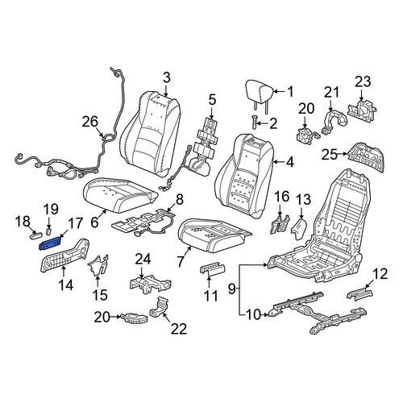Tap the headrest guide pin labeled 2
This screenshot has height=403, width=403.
[255, 123]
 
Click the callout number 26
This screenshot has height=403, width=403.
[90, 122]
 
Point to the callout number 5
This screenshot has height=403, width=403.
[212, 100]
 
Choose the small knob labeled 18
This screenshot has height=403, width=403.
[35, 235]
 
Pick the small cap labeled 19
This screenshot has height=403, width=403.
[49, 231]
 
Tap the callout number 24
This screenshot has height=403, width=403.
[143, 260]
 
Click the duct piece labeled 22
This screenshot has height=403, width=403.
[160, 307]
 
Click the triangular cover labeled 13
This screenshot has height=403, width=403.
[300, 229]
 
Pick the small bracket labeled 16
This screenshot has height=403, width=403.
[280, 223]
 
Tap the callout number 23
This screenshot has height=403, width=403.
[363, 81]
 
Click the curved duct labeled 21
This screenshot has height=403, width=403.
[333, 121]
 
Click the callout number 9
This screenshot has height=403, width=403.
[232, 289]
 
